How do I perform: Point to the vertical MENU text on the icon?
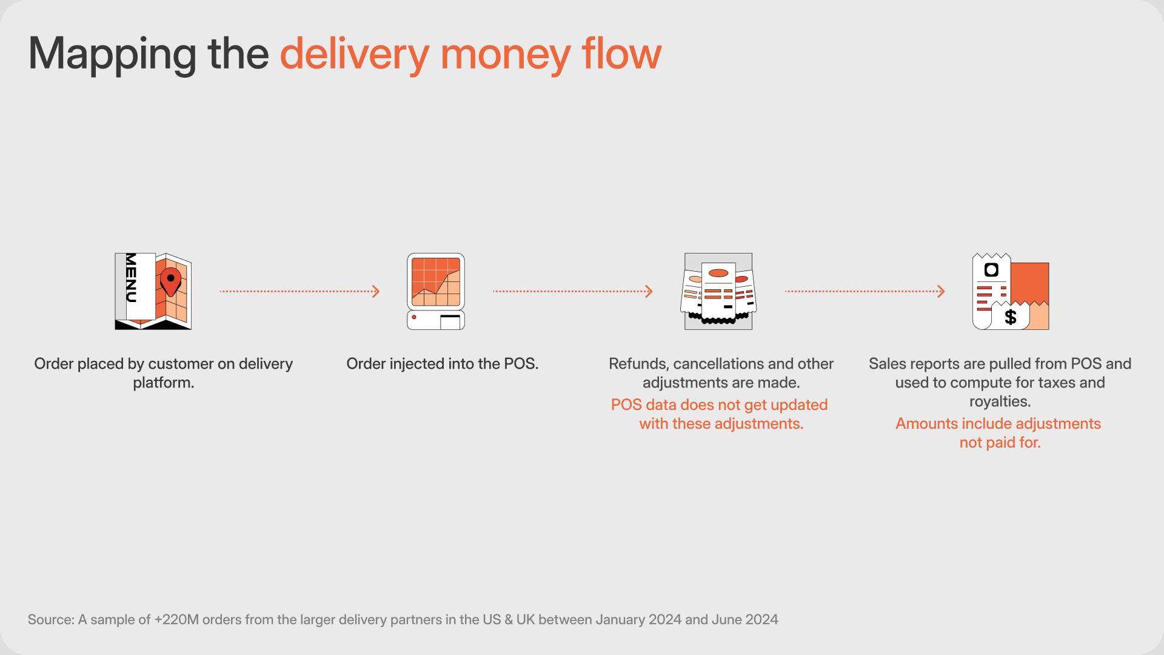click(x=131, y=278)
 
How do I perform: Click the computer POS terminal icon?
click(x=436, y=292)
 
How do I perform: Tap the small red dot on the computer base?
click(x=414, y=317)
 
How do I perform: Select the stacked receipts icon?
click(x=718, y=292)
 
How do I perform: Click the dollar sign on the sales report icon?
click(x=1010, y=317)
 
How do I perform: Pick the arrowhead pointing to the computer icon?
click(x=376, y=292)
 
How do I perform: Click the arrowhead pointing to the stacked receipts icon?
click(x=649, y=292)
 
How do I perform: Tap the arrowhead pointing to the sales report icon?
click(x=941, y=292)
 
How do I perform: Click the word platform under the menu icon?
click(x=161, y=383)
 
